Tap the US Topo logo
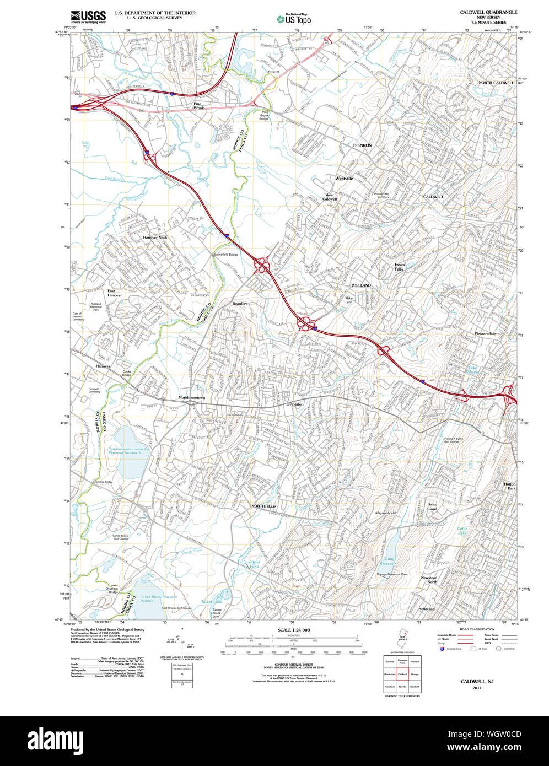pyautogui.click(x=294, y=19)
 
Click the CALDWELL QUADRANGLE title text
pyautogui.click(x=488, y=12)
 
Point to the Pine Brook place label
pyautogui.click(x=198, y=106)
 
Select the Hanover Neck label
pyautogui.click(x=155, y=238)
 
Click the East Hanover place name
pyautogui.click(x=115, y=293)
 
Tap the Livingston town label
pyautogui.click(x=294, y=404)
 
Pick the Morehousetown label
pyautogui.click(x=192, y=397)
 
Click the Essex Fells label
pyautogui.click(x=399, y=267)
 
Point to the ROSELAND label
pyautogui.click(x=361, y=285)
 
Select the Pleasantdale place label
pyautogui.click(x=485, y=334)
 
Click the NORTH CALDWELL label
pyautogui.click(x=496, y=83)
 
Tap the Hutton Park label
pyautogui.click(x=509, y=487)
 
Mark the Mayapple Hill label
pyautogui.click(x=386, y=513)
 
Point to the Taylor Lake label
pyautogui.click(x=211, y=602)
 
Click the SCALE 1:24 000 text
pyautogui.click(x=294, y=630)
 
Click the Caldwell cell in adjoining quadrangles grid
pyautogui.click(x=402, y=673)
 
